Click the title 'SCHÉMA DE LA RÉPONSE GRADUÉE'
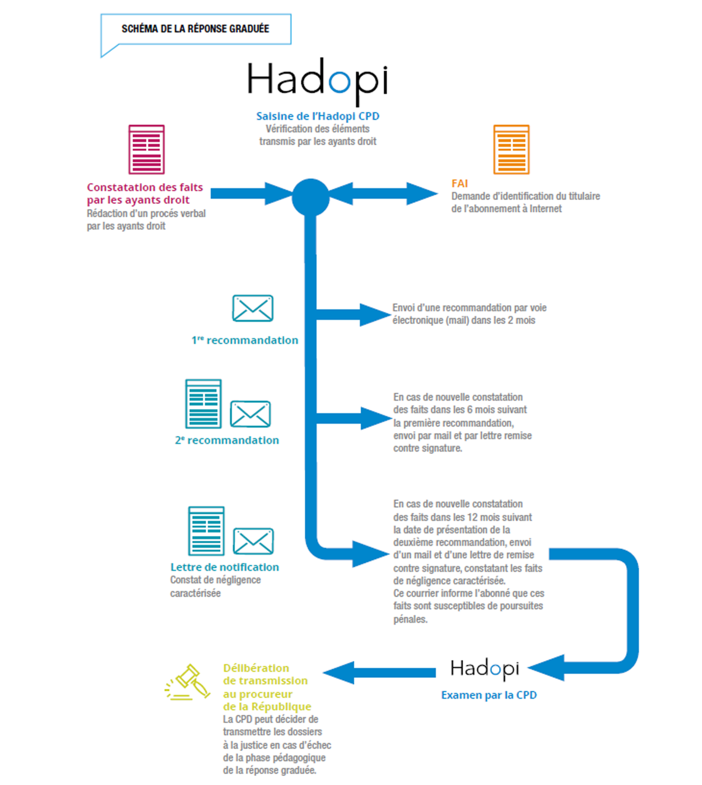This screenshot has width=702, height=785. (195, 29)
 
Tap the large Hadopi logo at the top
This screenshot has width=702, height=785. (317, 81)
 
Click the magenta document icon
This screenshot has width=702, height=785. (147, 150)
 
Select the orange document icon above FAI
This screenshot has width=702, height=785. (511, 150)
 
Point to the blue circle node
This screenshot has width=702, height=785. (310, 197)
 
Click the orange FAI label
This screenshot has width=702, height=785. (460, 183)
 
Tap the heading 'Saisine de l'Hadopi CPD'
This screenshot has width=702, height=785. (317, 116)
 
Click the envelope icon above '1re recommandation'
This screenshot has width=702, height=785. (253, 308)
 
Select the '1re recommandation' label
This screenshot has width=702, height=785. (245, 340)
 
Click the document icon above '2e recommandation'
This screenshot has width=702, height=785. (203, 404)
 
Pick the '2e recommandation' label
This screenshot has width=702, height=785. (227, 440)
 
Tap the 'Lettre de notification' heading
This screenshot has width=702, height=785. (224, 567)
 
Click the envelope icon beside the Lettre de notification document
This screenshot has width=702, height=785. (253, 541)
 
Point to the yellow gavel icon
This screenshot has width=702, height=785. (188, 683)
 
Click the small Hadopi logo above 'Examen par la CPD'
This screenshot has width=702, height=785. (485, 669)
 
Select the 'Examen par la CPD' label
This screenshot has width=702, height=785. (489, 695)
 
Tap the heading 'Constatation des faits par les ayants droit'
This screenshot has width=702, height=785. (145, 194)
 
